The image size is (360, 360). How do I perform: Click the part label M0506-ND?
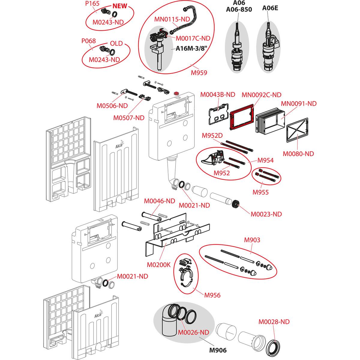112,106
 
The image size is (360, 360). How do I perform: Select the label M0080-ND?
298,154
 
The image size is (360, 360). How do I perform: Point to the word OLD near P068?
116,43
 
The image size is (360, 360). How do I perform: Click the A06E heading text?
270,8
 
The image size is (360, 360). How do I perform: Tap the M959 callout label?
199,72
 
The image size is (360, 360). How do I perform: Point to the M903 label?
252,240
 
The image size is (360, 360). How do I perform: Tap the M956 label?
212,295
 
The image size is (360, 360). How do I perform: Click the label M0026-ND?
193,332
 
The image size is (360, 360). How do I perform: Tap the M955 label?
260,192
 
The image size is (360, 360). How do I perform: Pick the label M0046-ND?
160,201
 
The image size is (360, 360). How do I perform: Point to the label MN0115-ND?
172,19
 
